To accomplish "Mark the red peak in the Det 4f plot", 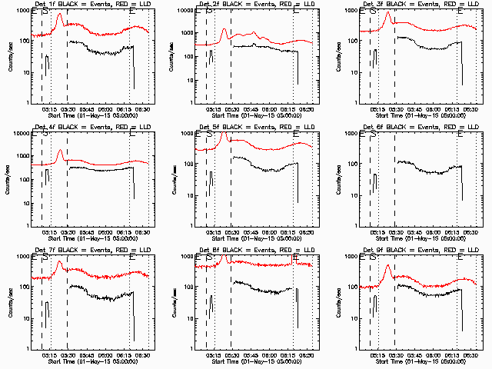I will point(59,151).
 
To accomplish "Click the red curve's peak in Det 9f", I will point(388,265).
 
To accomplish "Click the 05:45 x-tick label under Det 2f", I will point(251,108).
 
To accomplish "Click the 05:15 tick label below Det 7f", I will point(49,354).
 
